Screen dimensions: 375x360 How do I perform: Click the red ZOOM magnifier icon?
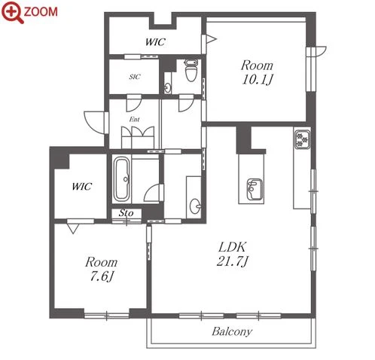point(12,12)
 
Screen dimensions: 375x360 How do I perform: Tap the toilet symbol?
point(191,70)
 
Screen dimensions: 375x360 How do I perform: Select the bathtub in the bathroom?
point(122,178)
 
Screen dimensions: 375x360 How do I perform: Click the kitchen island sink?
point(255,189)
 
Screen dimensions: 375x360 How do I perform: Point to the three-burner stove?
point(302,139)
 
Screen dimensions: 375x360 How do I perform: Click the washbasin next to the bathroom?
point(195,206)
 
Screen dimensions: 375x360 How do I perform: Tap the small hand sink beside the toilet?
point(167,87)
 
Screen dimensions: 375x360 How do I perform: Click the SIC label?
point(135,77)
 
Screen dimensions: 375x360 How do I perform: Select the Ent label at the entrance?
point(135,120)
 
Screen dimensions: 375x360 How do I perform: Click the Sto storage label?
point(126,213)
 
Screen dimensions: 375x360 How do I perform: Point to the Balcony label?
point(232,331)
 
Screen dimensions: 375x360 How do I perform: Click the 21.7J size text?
point(232,261)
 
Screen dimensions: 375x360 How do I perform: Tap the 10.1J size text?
point(257,80)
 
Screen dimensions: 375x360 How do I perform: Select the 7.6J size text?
point(102,276)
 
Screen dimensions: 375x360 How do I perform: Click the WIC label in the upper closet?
point(155,42)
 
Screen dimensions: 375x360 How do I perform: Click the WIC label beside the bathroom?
point(82,187)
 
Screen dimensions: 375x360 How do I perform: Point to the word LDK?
point(233,247)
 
